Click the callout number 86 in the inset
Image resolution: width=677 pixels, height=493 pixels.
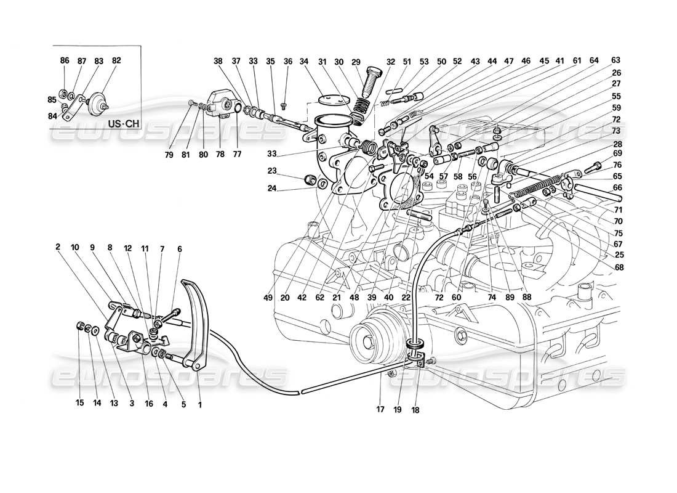65,60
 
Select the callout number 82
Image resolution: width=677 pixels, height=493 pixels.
116,60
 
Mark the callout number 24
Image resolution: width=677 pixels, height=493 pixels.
272,189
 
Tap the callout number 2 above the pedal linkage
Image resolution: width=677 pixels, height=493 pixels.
57,247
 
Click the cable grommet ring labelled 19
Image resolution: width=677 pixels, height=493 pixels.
417,343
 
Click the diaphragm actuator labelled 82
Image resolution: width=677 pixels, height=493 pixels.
96,104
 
